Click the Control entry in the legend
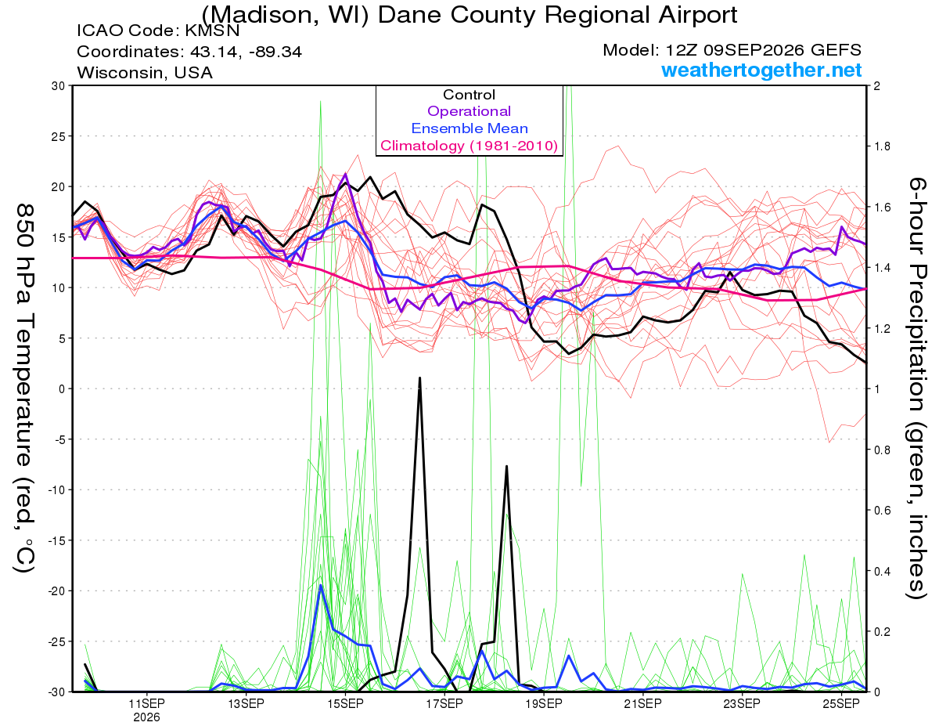tap(469, 95)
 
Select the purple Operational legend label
tap(469, 111)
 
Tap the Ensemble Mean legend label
tap(469, 128)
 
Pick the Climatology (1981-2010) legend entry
tap(469, 146)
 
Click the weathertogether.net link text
tap(761, 70)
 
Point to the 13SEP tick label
tap(246, 703)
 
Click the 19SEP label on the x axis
tap(544, 703)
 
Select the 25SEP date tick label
tap(841, 703)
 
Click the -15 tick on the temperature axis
tap(56, 540)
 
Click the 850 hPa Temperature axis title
tap(25, 388)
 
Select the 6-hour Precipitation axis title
tap(916, 388)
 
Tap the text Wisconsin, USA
tap(145, 73)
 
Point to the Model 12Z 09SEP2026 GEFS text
tap(732, 50)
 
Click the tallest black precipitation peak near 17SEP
tap(419, 378)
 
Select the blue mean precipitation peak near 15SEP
tap(320, 586)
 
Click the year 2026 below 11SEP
tap(146, 717)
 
